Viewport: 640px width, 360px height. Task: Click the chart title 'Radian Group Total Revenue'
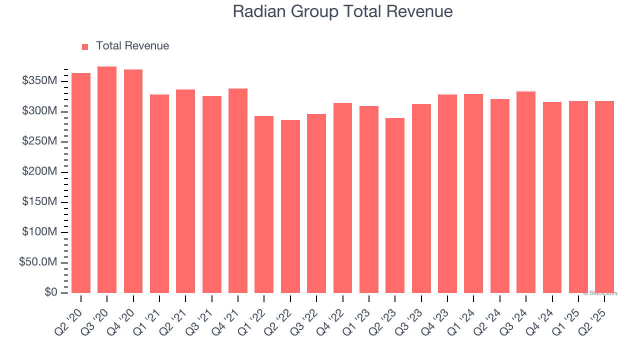pyautogui.click(x=342, y=11)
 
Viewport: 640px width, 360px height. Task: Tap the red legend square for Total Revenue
pyautogui.click(x=85, y=47)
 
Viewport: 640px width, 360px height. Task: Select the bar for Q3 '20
pyautogui.click(x=107, y=179)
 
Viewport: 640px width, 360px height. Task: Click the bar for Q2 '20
pyautogui.click(x=81, y=183)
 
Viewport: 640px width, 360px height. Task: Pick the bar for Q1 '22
pyautogui.click(x=264, y=204)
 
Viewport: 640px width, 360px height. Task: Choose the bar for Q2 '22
pyautogui.click(x=290, y=206)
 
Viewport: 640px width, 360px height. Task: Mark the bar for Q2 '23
pyautogui.click(x=395, y=205)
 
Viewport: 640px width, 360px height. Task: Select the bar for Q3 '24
pyautogui.click(x=526, y=192)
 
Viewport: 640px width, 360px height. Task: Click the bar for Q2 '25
pyautogui.click(x=604, y=197)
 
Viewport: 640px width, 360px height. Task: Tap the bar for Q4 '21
pyautogui.click(x=238, y=190)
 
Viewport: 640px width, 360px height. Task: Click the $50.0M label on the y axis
pyautogui.click(x=37, y=262)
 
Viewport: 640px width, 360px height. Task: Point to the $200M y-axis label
pyautogui.click(x=39, y=172)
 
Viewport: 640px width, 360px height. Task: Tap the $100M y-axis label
pyautogui.click(x=39, y=232)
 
